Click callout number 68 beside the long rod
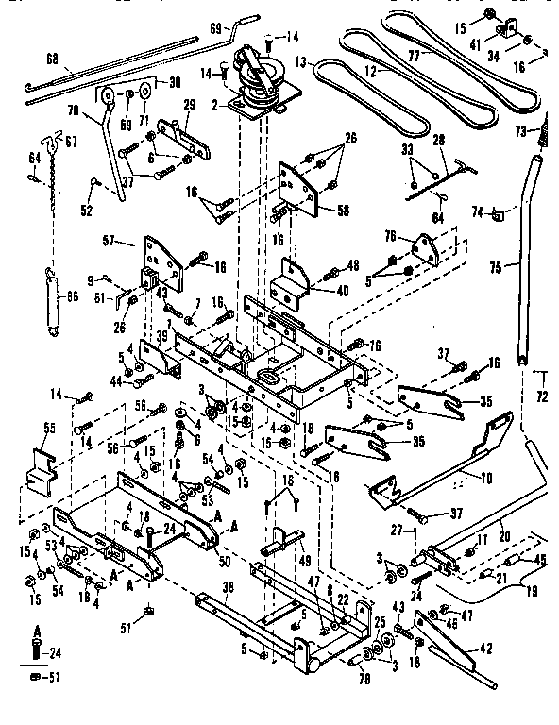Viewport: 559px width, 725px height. coord(51,59)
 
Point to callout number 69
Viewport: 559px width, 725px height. coord(215,29)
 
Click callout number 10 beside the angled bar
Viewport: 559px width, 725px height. coord(486,478)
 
